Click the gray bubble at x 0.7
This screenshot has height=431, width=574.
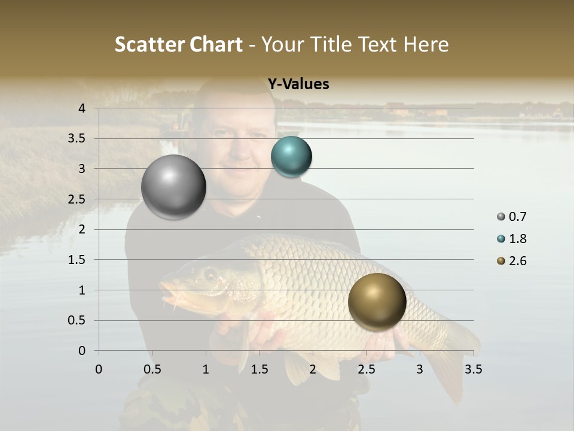(174, 187)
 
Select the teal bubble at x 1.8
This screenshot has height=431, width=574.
(291, 157)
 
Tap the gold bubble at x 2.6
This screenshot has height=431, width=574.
(377, 302)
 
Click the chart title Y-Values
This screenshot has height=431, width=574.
(298, 84)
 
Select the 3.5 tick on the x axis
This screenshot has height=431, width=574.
(473, 369)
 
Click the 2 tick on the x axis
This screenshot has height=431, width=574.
(313, 369)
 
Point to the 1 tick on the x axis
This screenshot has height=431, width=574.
(206, 369)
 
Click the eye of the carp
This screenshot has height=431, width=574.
(210, 274)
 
